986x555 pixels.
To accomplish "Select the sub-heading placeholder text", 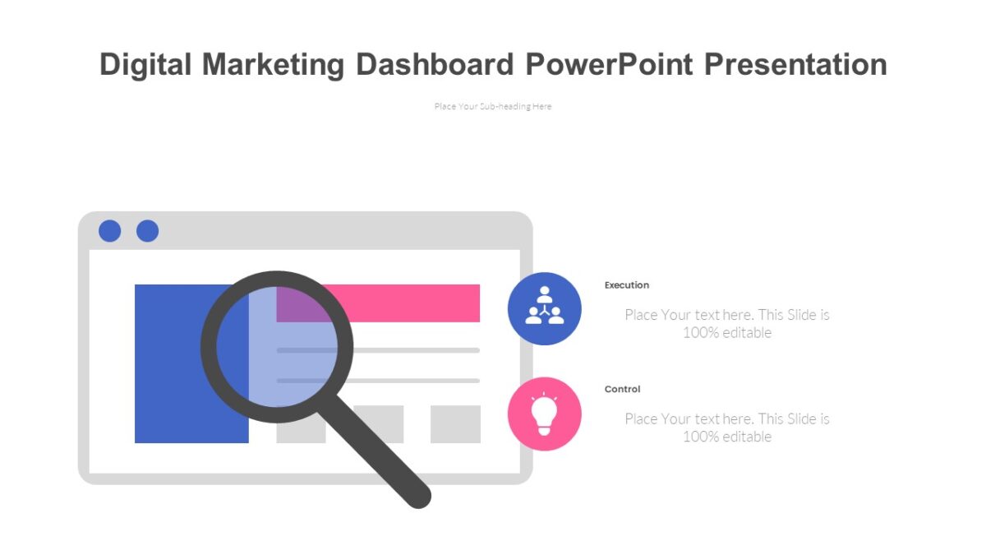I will (x=493, y=106).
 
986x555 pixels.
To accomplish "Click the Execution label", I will (x=627, y=285).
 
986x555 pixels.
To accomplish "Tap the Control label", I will (x=622, y=389).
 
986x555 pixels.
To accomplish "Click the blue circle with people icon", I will (x=544, y=308).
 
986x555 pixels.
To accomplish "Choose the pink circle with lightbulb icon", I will (x=544, y=414).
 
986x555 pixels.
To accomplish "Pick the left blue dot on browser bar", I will (x=109, y=231).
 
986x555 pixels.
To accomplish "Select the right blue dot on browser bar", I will (x=147, y=231).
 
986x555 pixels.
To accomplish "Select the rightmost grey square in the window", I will (x=455, y=423).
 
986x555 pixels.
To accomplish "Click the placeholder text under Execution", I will (x=727, y=323).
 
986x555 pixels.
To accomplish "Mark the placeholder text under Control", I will (x=727, y=428).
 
